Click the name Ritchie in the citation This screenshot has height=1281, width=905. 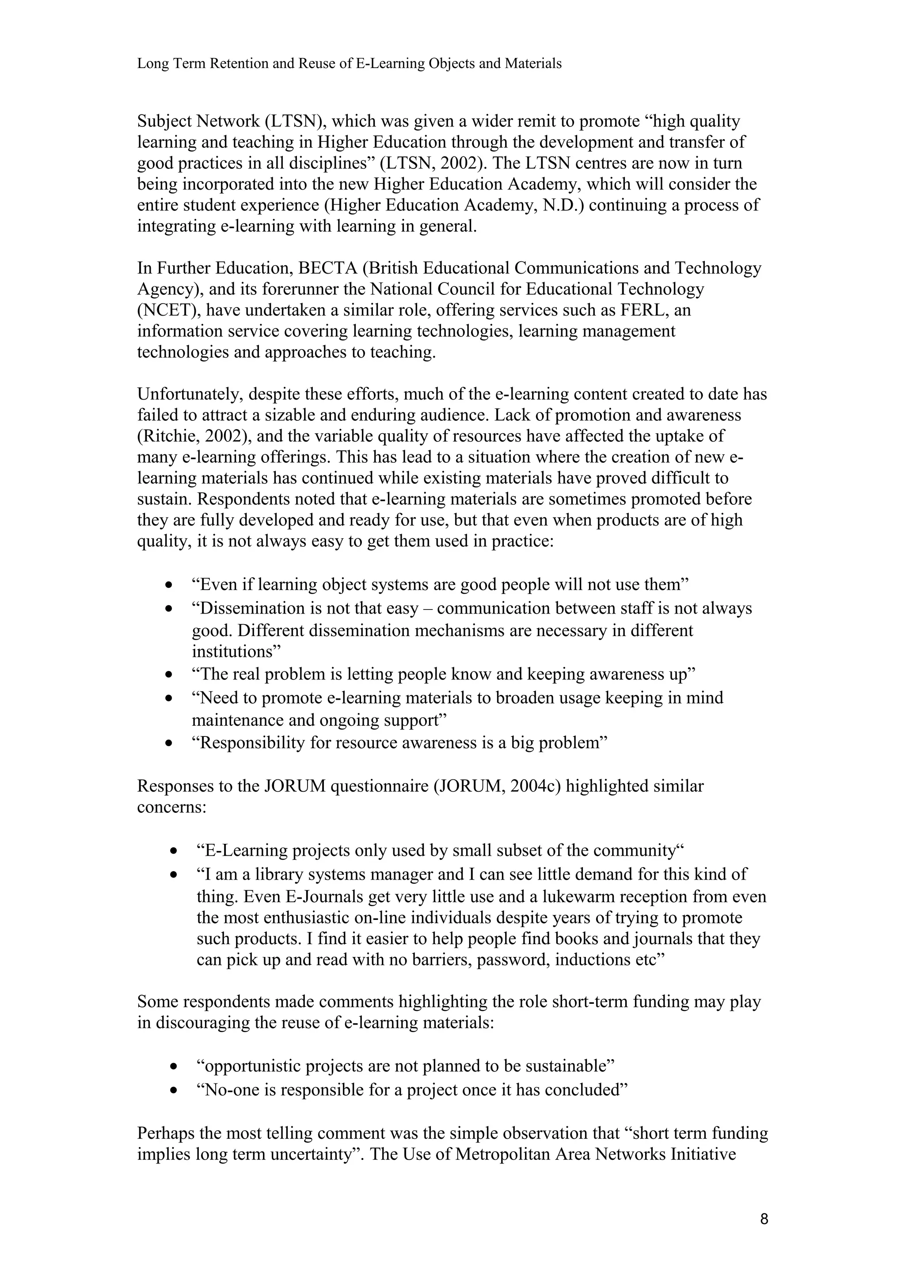tap(167, 436)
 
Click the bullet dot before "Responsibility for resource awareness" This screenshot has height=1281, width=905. tap(169, 744)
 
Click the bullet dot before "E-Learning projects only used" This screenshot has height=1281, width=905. tap(175, 851)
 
